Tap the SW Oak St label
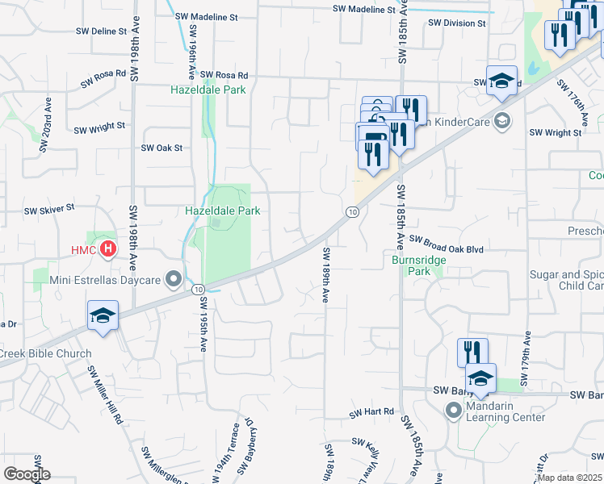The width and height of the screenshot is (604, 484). point(162,148)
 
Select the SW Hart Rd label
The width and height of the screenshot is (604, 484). point(371,413)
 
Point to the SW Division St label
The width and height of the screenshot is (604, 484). point(457,23)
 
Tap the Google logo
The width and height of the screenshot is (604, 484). point(27,474)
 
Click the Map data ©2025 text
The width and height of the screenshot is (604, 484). point(569,478)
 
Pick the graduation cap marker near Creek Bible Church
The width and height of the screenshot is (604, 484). point(103,315)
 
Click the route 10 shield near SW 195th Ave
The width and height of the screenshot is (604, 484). point(198,289)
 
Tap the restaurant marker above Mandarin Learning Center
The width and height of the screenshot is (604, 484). point(472,353)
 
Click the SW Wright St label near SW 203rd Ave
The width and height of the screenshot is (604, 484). point(100,127)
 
